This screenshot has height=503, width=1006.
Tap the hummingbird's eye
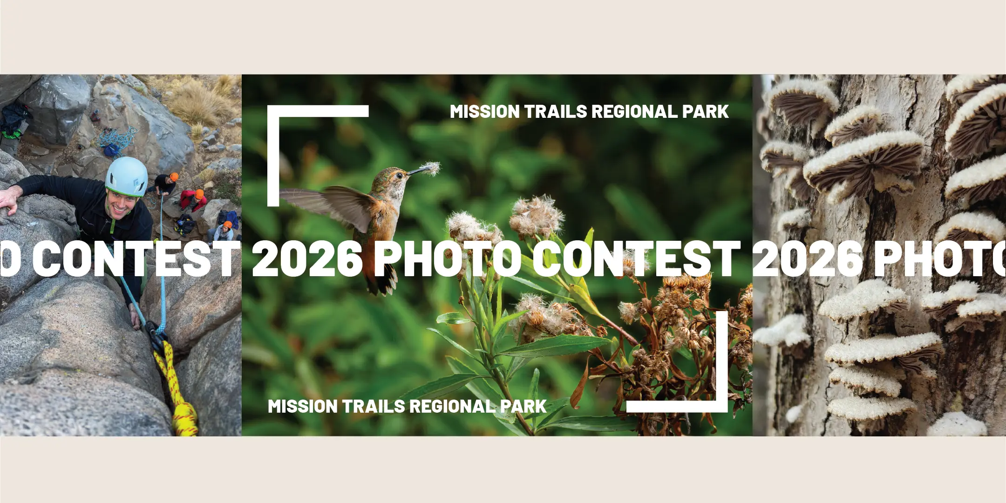(x=398, y=176)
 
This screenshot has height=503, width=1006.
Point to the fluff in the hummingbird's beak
(x=431, y=168)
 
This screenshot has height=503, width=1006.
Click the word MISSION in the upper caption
(x=485, y=112)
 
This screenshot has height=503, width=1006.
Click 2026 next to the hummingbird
(x=308, y=258)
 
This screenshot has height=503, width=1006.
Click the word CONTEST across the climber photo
(x=134, y=258)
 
